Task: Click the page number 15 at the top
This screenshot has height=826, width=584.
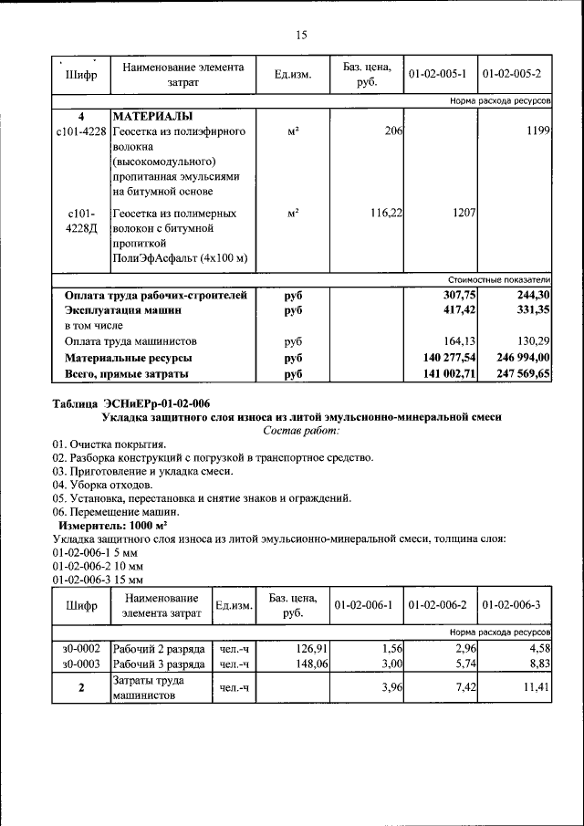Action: click(x=301, y=36)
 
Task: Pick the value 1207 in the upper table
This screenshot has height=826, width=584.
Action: click(x=464, y=213)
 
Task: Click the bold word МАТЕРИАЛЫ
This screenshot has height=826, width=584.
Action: click(x=152, y=117)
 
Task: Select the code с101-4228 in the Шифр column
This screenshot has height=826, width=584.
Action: click(x=81, y=132)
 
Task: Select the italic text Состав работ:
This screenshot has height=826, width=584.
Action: click(x=301, y=430)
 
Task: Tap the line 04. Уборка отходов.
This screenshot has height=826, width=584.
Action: click(x=102, y=485)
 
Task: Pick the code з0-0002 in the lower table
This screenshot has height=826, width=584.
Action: click(x=81, y=648)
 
